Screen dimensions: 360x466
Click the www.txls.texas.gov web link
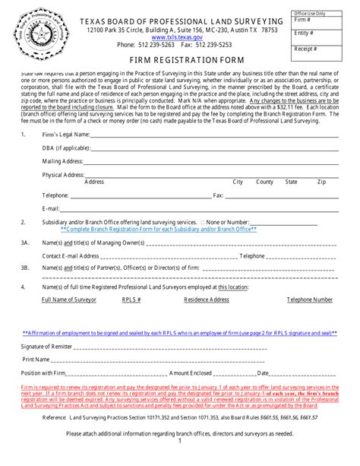(172, 36)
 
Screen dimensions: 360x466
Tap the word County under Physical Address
(264, 182)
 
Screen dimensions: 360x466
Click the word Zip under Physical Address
(321, 182)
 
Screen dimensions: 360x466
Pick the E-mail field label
(52, 208)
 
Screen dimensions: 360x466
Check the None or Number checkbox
(202, 221)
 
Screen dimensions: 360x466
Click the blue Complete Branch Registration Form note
(158, 228)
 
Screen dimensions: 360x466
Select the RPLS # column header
(131, 300)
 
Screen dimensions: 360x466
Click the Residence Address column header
(207, 300)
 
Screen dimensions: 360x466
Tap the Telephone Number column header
(309, 300)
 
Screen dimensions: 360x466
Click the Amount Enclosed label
(191, 373)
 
